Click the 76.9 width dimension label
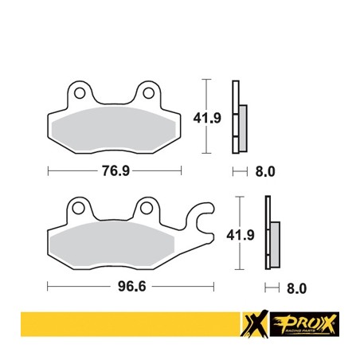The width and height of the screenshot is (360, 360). click(115, 170)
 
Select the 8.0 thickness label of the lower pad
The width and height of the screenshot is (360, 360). click(296, 285)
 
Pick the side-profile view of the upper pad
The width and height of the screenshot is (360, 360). click(237, 118)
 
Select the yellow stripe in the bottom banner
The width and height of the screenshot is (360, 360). click(119, 327)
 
